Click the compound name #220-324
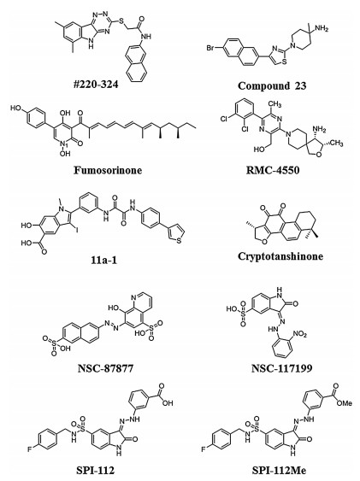click(96, 85)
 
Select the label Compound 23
click(272, 85)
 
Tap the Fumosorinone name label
click(108, 170)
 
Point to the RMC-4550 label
click(273, 170)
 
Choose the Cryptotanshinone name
click(280, 256)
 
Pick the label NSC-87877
click(105, 367)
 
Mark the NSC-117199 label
click(281, 367)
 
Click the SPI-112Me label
click(279, 470)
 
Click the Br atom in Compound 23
click(210, 48)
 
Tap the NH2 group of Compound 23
click(322, 29)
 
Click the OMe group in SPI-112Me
click(344, 402)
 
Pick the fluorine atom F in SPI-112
click(29, 449)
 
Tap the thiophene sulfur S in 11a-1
click(179, 241)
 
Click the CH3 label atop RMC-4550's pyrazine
click(274, 104)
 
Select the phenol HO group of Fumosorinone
click(15, 108)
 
